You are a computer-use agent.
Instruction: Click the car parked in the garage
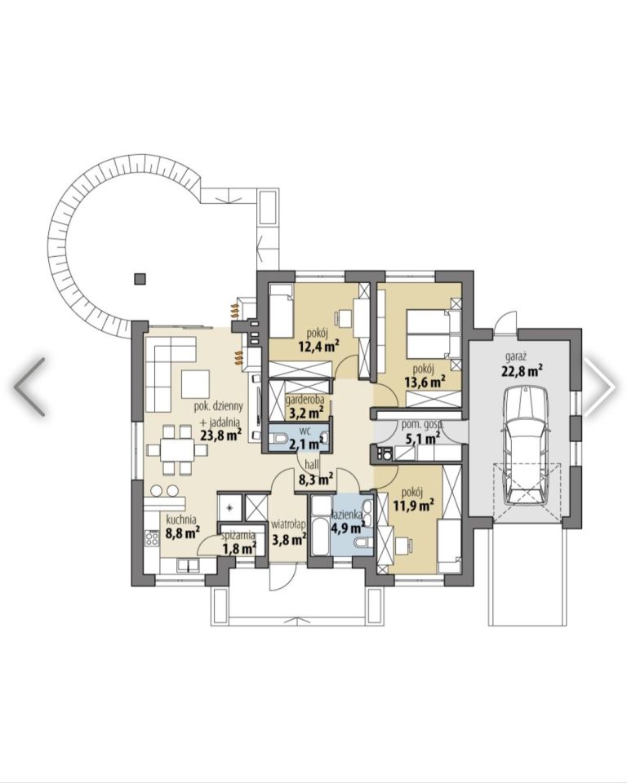[526, 445]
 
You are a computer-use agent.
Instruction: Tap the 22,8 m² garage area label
[522, 371]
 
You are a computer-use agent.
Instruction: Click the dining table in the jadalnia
[177, 449]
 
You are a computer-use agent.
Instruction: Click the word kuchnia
[180, 519]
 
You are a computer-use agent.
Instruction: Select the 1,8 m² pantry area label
[239, 548]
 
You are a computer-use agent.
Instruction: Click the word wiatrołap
[288, 524]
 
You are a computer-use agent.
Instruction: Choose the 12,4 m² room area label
[319, 346]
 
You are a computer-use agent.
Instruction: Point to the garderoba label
[305, 400]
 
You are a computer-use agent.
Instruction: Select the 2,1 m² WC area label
[306, 444]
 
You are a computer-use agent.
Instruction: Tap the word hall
[312, 465]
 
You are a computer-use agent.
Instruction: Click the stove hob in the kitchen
[152, 537]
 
